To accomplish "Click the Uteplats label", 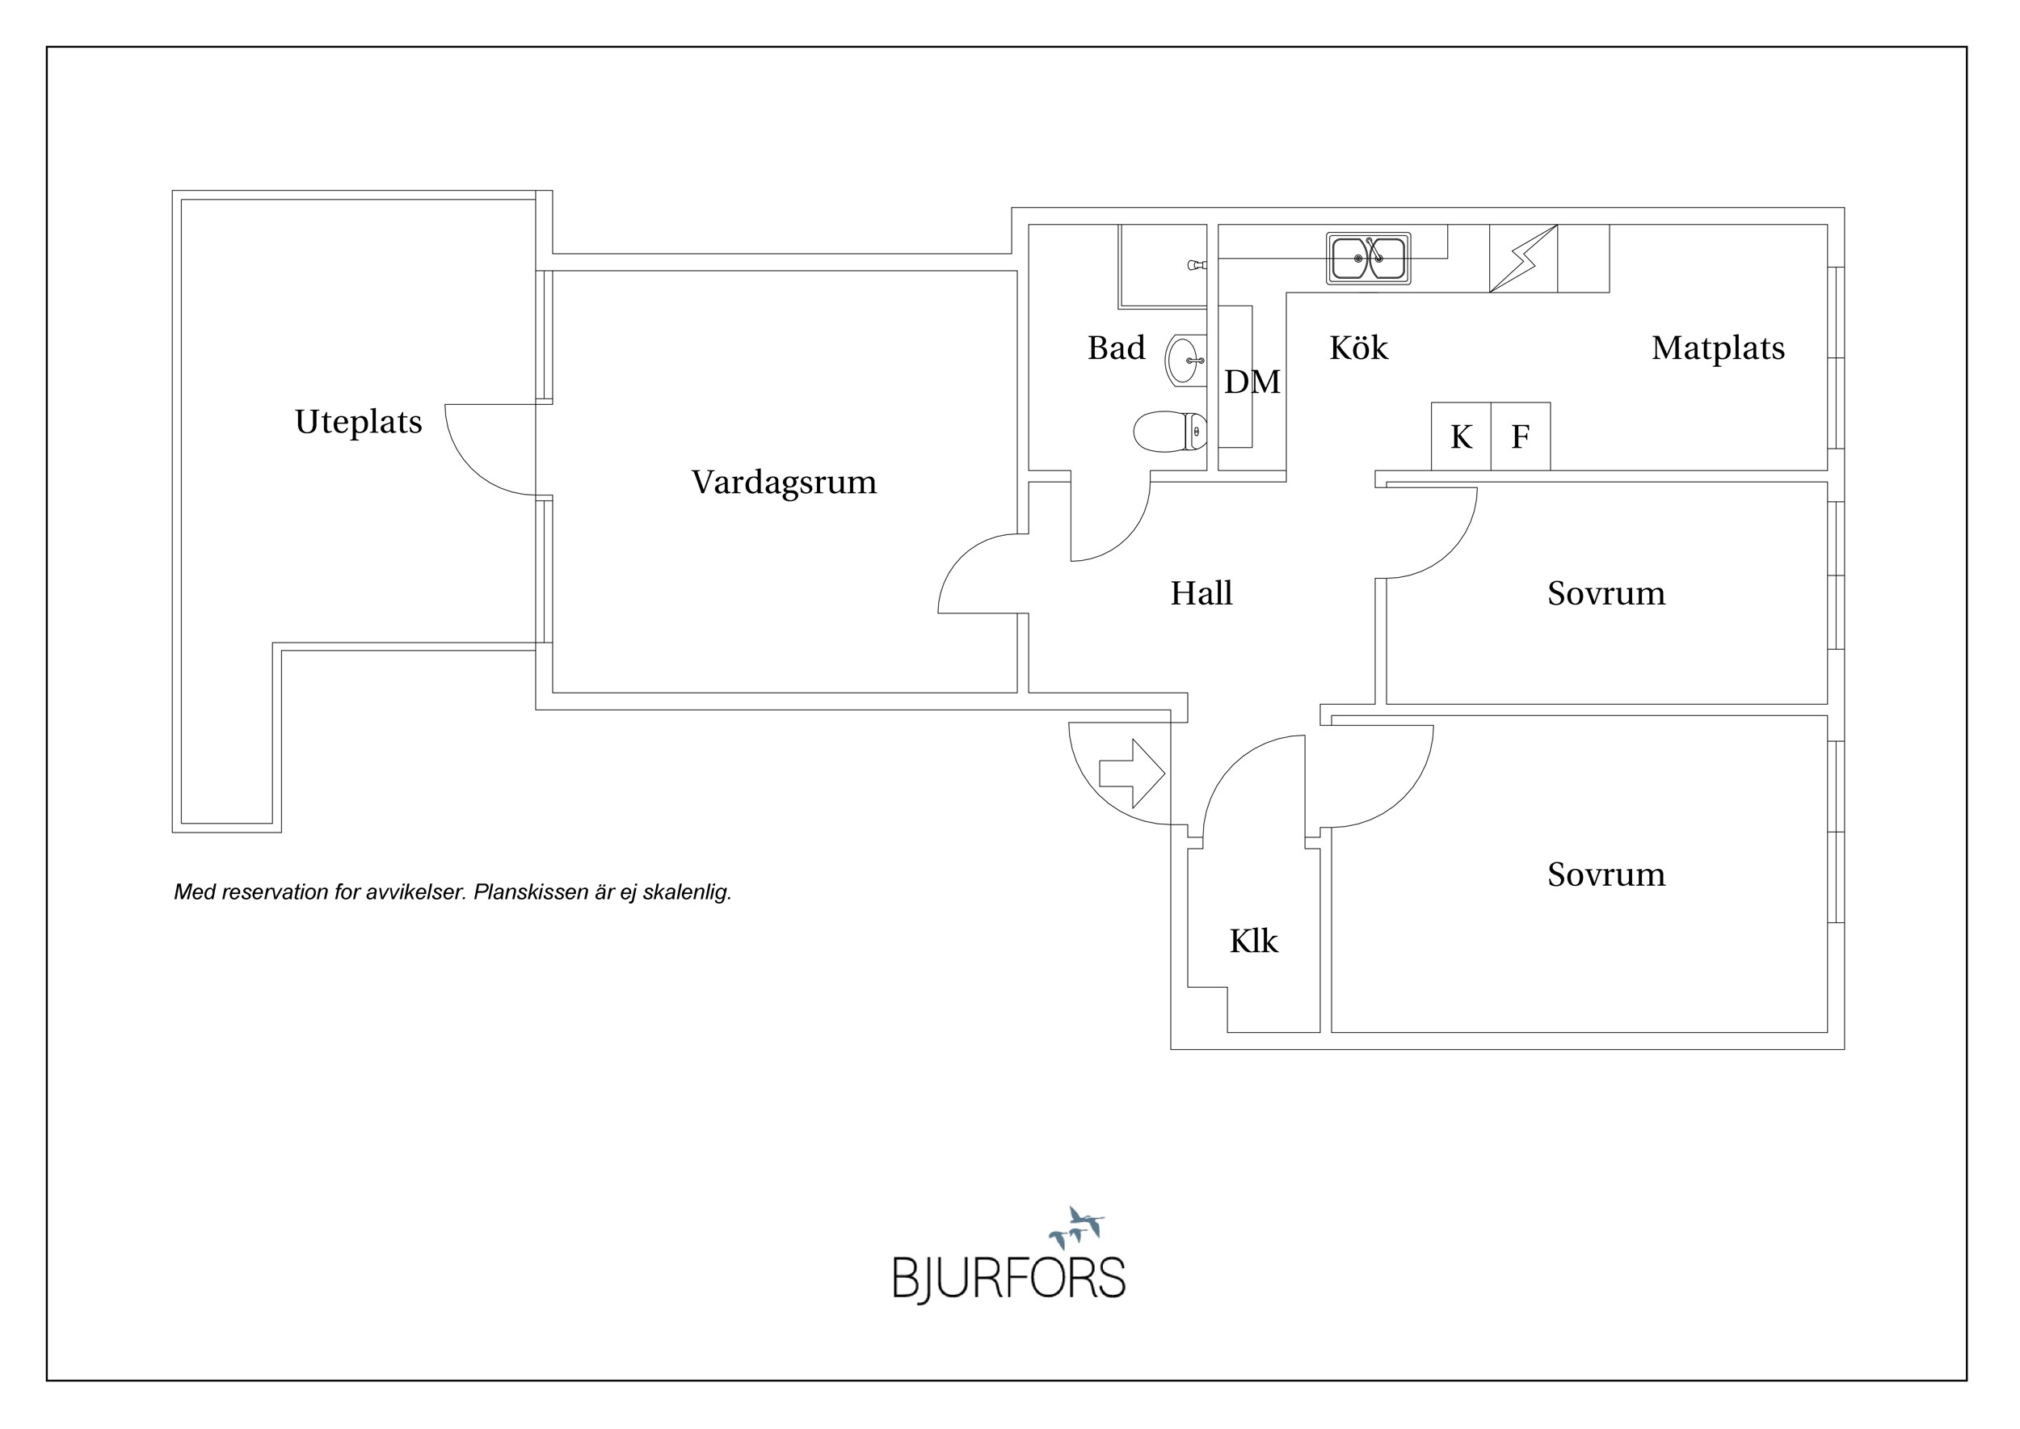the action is point(358,423).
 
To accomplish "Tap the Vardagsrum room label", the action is point(784,483).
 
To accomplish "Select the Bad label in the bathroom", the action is point(1117,348).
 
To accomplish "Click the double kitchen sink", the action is point(1368,259).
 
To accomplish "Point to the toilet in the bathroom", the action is point(1170,431).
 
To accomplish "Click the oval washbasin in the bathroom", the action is point(1185,360).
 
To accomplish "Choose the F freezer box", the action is point(1521,436).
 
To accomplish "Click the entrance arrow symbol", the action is point(1132,774).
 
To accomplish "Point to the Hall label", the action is point(1201,593).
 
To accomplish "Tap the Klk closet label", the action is point(1253,942).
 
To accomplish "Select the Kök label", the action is point(1358,348).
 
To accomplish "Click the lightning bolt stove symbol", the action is point(1523,259).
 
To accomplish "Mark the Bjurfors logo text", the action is point(1009,1279).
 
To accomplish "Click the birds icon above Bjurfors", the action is point(1076,1227).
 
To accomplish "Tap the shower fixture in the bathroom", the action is point(1197,265).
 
